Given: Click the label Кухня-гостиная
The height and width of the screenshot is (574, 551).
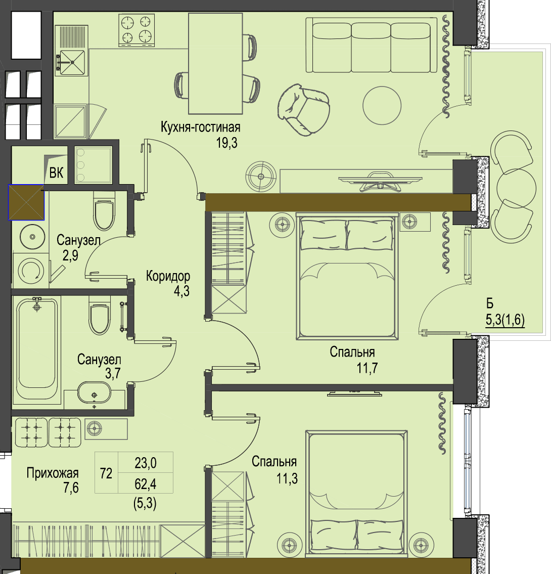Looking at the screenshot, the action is coord(201,127).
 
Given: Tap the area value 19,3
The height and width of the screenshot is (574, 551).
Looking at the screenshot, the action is coord(227,143).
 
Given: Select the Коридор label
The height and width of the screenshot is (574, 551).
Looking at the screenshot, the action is coord(168,276).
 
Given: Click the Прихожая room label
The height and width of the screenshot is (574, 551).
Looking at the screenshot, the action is coord(52,473).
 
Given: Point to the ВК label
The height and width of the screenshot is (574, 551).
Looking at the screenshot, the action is coord(56,173).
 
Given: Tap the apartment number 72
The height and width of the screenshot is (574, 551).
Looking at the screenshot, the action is coord(106,473).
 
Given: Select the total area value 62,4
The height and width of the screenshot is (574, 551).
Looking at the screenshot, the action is coord(145,484).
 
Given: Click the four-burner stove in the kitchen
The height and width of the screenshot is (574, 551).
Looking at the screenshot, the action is coord(136,30).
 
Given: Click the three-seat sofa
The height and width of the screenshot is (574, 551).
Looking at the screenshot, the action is coord(372,46).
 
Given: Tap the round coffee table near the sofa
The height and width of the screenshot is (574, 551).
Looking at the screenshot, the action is coord(382,105).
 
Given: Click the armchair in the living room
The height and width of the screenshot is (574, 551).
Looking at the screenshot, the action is coord(303,110).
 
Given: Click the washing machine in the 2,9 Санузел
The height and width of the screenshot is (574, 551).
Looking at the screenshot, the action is coord(31,271).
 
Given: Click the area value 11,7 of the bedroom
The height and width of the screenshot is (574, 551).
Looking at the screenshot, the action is coord(368,368).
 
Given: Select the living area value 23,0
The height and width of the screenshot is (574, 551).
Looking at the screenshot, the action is coord(145,463).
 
